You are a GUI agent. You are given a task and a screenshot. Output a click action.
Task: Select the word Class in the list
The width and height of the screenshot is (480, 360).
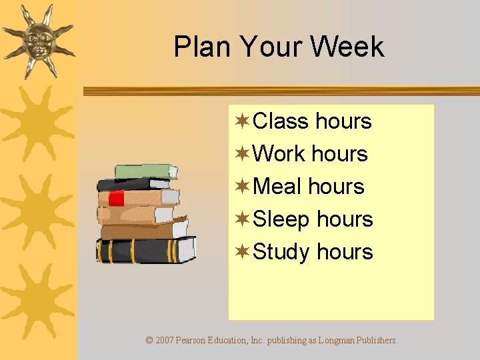281,121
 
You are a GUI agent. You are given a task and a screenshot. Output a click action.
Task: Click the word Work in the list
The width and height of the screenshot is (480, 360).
280,154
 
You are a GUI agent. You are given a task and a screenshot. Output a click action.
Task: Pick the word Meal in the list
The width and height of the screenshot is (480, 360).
277,187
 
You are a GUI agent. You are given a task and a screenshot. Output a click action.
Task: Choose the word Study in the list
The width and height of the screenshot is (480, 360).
282,253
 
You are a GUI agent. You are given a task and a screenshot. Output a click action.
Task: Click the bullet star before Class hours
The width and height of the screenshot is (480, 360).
243,121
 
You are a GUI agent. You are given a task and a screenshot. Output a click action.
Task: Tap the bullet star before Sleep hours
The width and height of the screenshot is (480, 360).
243,219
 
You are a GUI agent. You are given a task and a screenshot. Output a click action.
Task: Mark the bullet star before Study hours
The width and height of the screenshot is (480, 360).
243,251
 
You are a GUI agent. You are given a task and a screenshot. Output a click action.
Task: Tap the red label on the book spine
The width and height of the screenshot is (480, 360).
117,198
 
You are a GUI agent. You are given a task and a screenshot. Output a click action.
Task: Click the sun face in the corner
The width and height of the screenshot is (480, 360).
38,40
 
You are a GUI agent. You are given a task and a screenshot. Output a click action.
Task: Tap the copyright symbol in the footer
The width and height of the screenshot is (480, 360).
149,340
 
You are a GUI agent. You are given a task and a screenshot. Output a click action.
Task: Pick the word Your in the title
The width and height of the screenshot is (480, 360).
268,47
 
